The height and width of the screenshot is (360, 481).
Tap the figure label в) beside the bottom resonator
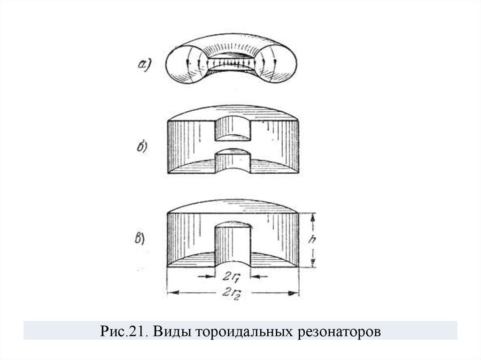139,239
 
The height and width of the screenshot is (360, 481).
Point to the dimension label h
312,240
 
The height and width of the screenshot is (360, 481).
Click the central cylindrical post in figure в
233,244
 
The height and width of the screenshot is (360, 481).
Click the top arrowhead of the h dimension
311,215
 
